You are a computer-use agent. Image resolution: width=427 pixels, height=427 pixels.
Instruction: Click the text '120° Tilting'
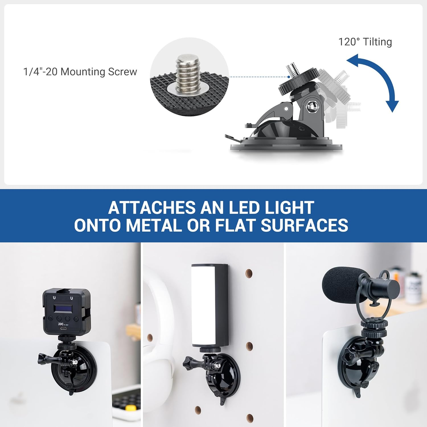365,42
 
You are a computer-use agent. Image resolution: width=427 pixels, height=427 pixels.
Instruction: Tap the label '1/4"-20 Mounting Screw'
80,72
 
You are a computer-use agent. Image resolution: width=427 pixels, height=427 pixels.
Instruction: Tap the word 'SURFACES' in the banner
304,225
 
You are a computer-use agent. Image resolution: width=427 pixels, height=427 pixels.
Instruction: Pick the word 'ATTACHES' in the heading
152,208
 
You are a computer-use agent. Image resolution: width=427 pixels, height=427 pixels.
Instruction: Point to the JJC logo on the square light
60,324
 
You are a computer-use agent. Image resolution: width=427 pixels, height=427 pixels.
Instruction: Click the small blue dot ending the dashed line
289,77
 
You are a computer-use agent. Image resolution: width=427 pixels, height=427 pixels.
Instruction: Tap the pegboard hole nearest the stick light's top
249,273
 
